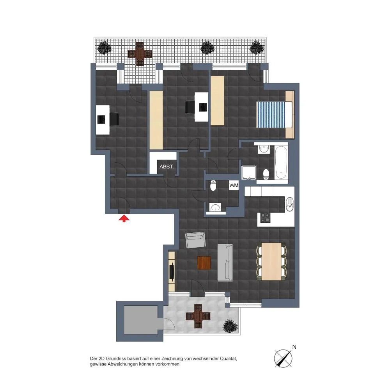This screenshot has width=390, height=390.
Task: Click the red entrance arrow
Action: pyautogui.click(x=124, y=219)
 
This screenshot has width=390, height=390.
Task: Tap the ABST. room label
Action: pyautogui.click(x=167, y=167)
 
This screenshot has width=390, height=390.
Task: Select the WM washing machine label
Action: pyautogui.click(x=234, y=185)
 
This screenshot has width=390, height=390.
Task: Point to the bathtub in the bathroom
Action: pyautogui.click(x=281, y=162)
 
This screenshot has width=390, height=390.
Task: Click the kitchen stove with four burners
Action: pyautogui.click(x=265, y=218)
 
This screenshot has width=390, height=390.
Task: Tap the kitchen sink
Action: pyautogui.click(x=290, y=204)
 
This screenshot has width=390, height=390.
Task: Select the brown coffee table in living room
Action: pyautogui.click(x=204, y=263)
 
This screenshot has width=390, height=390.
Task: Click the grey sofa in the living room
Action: pyautogui.click(x=225, y=262)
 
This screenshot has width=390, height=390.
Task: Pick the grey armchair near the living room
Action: pyautogui.click(x=196, y=240)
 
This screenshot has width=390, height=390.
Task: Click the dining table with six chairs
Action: pyautogui.click(x=271, y=261)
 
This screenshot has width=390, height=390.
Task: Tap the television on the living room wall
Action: pyautogui.click(x=172, y=271)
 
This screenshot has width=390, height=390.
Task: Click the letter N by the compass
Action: pyautogui.click(x=294, y=347)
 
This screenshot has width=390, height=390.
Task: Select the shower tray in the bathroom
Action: pyautogui.click(x=249, y=172)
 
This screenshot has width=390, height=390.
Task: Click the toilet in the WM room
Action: pyautogui.click(x=213, y=185)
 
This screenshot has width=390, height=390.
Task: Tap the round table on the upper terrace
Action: pyautogui.click(x=140, y=53)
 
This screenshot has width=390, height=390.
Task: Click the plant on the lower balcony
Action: pyautogui.click(x=230, y=326)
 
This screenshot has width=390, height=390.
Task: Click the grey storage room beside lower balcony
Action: pyautogui.click(x=141, y=320)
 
